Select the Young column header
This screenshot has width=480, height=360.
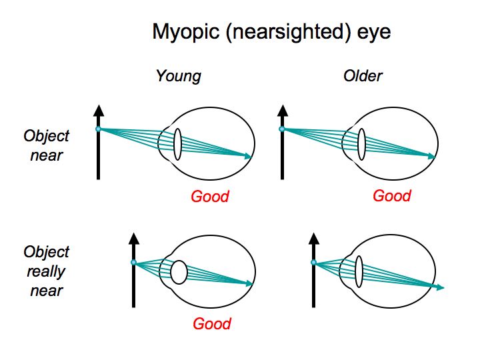[x=178, y=75]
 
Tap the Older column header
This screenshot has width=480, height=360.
[x=363, y=75]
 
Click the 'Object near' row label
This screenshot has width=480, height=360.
[x=46, y=145]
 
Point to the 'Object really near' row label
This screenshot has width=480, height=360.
[x=46, y=271]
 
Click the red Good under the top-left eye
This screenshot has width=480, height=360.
[x=209, y=196]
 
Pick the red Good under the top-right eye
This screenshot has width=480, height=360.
[x=392, y=195]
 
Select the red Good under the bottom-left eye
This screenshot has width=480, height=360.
[x=211, y=323]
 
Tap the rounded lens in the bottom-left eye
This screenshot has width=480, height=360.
[x=179, y=272]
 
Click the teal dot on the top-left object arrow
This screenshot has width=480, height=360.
[x=99, y=129]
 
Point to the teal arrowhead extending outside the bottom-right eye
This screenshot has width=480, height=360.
[x=440, y=287]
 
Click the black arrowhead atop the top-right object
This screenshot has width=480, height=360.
[x=282, y=110]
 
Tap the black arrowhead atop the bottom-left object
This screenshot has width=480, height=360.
[x=133, y=238]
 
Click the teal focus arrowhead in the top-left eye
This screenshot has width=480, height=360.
[x=249, y=157]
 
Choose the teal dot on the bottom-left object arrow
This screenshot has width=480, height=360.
[x=133, y=263]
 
